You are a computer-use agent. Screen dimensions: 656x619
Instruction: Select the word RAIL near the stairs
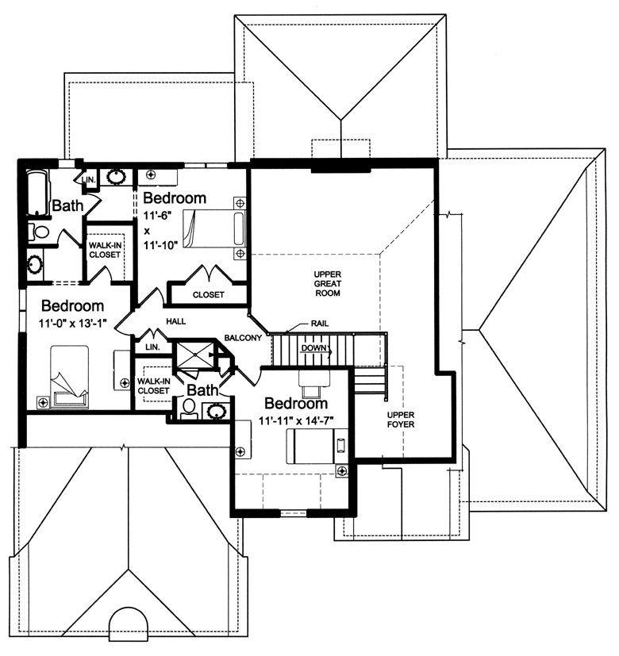click(x=318, y=324)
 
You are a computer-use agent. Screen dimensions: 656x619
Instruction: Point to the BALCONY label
click(x=243, y=338)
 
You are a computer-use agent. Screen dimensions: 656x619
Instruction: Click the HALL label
click(x=176, y=322)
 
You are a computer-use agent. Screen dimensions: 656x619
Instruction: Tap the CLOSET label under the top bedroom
click(x=208, y=294)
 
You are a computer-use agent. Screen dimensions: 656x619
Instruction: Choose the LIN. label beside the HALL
click(x=150, y=347)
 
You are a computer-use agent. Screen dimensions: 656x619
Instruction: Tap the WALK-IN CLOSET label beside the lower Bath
click(x=153, y=386)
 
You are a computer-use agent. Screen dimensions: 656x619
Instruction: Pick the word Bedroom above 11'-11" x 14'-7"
click(x=295, y=404)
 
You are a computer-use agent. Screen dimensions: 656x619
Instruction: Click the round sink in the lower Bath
click(x=215, y=410)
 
